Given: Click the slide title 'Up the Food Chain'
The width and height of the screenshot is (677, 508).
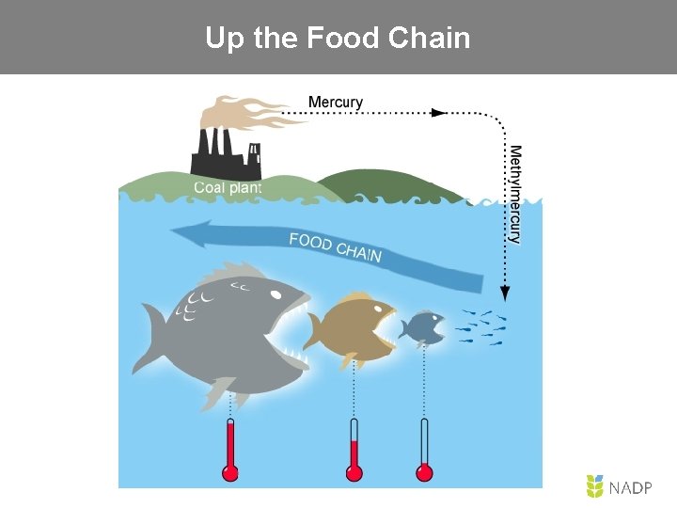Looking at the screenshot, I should point(338,39).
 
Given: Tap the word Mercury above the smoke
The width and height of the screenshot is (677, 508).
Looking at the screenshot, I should point(335,103).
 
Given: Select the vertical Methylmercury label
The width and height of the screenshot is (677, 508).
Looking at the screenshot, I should point(515,194).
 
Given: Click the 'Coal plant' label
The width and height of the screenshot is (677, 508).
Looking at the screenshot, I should point(228,187).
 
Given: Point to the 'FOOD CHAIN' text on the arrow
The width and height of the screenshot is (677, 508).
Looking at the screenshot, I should point(335,247).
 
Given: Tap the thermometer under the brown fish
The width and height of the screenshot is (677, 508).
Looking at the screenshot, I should point(354,450).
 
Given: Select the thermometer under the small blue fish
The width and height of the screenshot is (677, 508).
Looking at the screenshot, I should point(424,450).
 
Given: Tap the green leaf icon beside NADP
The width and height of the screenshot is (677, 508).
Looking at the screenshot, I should point(594,486).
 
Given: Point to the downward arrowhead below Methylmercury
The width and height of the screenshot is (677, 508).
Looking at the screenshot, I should point(505,293).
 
